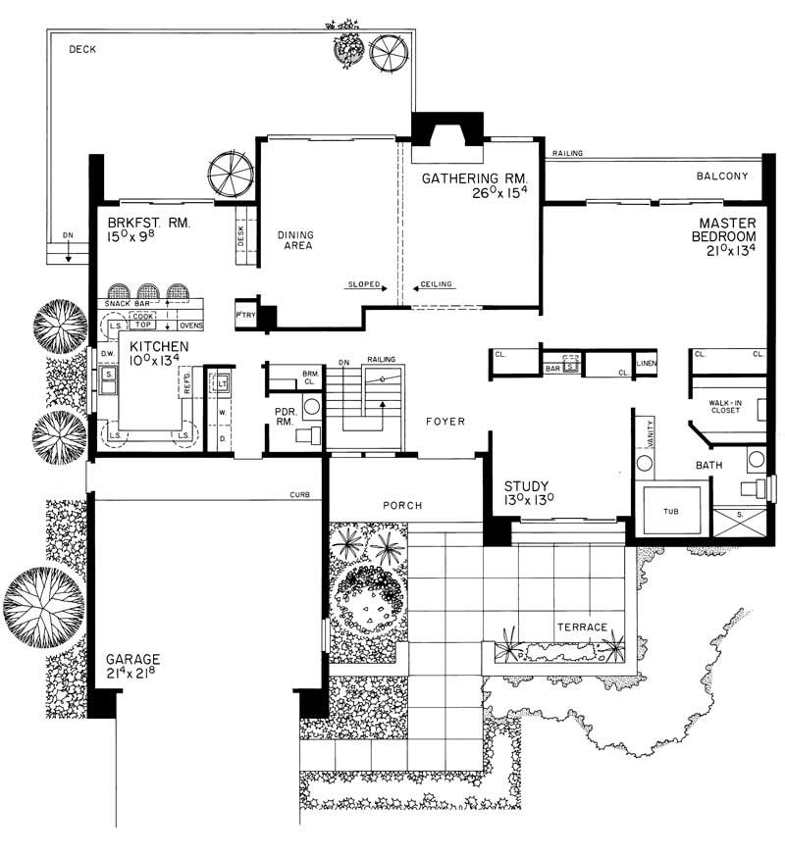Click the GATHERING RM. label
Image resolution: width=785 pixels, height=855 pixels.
[475, 179]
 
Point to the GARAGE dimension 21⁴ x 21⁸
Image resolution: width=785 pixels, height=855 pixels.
[133, 676]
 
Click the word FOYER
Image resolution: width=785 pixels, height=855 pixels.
[445, 422]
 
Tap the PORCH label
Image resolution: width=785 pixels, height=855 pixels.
[403, 506]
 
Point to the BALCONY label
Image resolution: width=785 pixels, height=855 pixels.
[722, 176]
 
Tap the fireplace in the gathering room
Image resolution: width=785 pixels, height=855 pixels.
[447, 131]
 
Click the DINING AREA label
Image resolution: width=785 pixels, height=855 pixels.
[294, 240]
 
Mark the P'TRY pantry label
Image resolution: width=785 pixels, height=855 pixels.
[244, 316]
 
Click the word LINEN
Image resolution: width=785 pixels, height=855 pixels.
[647, 365]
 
